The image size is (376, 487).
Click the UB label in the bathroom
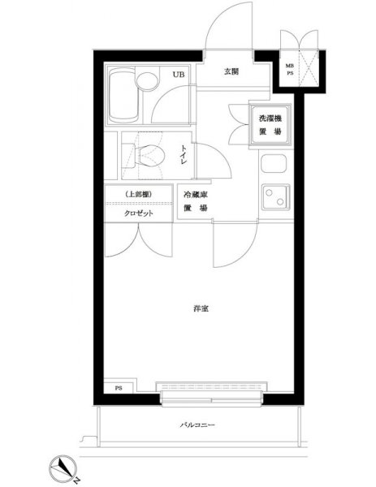pyautogui.click(x=179, y=75)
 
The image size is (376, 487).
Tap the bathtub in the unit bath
pyautogui.click(x=123, y=95)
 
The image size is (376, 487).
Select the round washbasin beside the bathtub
pyautogui.click(x=146, y=82)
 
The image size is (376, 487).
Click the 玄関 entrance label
pyautogui.click(x=231, y=71)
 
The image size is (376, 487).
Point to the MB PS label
pyautogui.click(x=290, y=70)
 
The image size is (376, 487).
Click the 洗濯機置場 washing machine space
pyautogui.click(x=270, y=125)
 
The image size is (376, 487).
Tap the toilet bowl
pyautogui.click(x=149, y=155)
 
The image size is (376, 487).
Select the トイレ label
pyautogui.click(x=184, y=155)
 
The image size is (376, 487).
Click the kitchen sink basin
pyautogui.click(x=274, y=163)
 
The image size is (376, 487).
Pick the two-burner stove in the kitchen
pyautogui.click(x=275, y=197)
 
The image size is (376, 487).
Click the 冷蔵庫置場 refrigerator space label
pyautogui.click(x=195, y=201)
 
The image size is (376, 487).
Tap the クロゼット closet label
pyautogui.click(x=139, y=213)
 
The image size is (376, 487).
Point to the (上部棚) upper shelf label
pyautogui.click(x=139, y=195)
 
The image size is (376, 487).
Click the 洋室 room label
pyautogui.click(x=201, y=308)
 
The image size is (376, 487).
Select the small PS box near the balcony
pyautogui.click(x=119, y=388)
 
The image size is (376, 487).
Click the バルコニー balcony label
pyautogui.click(x=197, y=425)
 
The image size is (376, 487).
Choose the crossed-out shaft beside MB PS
pyautogui.click(x=309, y=69)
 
